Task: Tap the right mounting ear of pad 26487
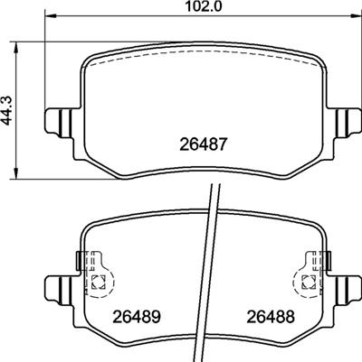[x=344, y=119]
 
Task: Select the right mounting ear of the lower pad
[x=344, y=289]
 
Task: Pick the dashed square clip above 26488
[x=305, y=280]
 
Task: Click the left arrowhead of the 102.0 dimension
[x=51, y=16]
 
